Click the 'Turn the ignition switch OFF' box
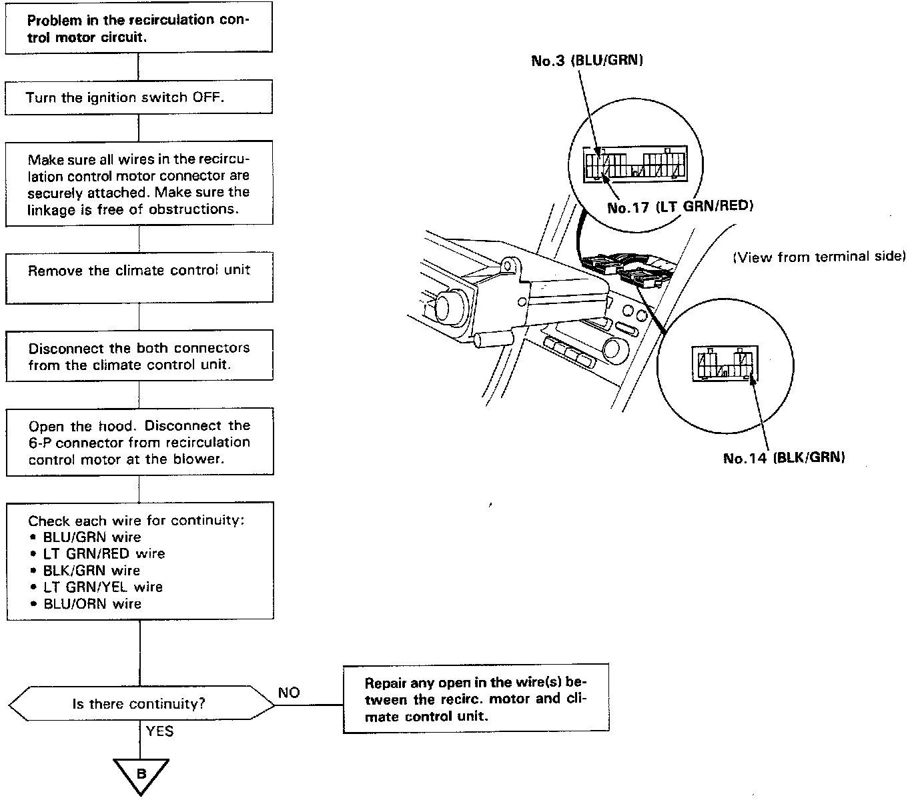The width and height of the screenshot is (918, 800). pos(138,97)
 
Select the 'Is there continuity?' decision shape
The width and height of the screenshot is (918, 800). pos(139,703)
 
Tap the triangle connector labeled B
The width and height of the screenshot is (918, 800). pos(141,775)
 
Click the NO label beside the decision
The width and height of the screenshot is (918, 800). pos(289,693)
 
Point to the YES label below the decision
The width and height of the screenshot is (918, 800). pos(159,731)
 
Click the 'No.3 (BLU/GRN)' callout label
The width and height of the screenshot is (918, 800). pos(587,61)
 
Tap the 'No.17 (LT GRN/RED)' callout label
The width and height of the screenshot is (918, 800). pos(680,207)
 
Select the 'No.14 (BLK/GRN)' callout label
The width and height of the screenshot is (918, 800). pos(784,458)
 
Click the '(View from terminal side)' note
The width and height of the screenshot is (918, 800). pos(819,257)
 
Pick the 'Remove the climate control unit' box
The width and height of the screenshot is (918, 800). pos(139,271)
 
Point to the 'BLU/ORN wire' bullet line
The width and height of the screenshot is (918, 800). pos(92,604)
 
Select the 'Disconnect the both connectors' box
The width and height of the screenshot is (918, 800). pos(139,356)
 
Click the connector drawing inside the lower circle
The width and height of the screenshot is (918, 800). pos(725,364)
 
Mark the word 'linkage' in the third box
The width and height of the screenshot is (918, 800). pos(49,209)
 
